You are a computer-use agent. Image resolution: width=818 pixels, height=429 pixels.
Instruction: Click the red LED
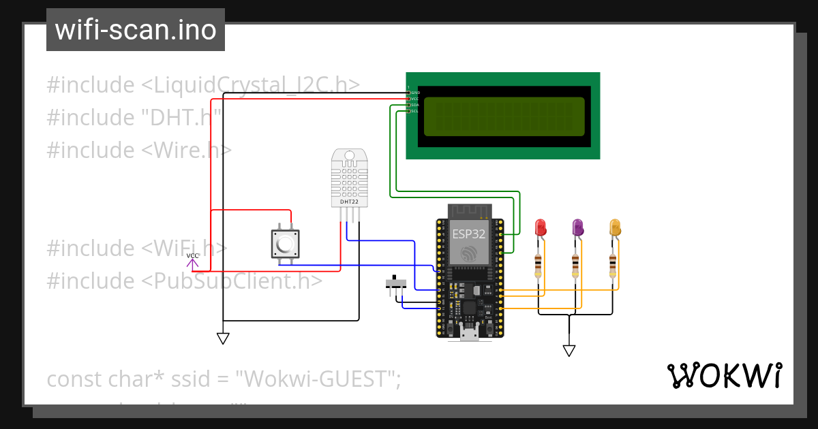click(x=541, y=228)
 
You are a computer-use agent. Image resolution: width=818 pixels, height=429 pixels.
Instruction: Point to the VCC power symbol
click(x=193, y=259)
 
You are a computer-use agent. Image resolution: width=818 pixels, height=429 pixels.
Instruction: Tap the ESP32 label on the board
click(x=469, y=234)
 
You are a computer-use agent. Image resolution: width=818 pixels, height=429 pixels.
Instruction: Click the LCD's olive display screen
click(x=504, y=116)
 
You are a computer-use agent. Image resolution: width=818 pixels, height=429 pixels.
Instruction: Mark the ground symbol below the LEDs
click(x=569, y=351)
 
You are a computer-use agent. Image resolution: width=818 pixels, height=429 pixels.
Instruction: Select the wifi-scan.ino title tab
click(x=136, y=30)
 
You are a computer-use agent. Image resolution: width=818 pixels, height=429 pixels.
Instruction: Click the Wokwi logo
click(x=724, y=376)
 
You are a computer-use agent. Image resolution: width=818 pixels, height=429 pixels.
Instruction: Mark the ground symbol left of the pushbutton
click(x=223, y=338)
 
